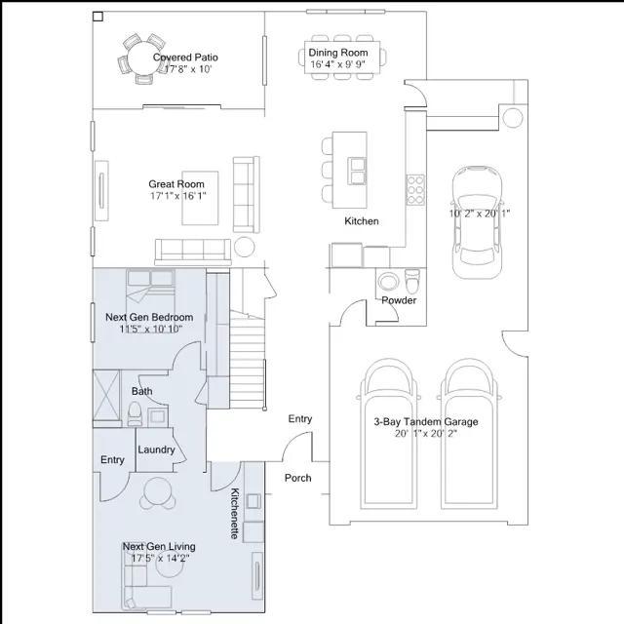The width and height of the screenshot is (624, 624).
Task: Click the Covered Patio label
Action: (185, 58)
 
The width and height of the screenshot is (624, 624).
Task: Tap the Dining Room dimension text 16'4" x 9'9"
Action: (337, 64)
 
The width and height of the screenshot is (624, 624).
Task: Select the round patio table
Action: (142, 58)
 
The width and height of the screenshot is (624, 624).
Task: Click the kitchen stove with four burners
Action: (415, 190)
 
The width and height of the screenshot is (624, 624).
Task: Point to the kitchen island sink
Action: (357, 171)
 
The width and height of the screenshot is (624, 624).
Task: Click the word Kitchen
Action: (362, 221)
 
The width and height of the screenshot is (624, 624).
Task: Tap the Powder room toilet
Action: (411, 281)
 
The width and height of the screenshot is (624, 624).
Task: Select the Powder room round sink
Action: (388, 282)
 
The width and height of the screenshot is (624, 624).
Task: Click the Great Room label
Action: (176, 184)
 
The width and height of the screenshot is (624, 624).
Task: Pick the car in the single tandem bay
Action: (477, 223)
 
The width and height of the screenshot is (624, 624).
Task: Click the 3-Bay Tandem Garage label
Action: (426, 422)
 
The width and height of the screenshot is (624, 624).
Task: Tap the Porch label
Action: (297, 478)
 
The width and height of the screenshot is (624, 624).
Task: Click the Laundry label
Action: (156, 449)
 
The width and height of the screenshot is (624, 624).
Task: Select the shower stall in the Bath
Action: (106, 395)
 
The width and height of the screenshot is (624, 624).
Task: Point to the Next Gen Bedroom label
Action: (149, 317)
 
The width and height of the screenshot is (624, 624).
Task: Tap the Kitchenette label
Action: (235, 514)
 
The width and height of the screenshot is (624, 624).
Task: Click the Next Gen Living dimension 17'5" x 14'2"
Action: (160, 559)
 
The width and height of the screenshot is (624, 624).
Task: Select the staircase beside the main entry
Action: (248, 360)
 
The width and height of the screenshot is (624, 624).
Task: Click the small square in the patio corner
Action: (97, 17)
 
